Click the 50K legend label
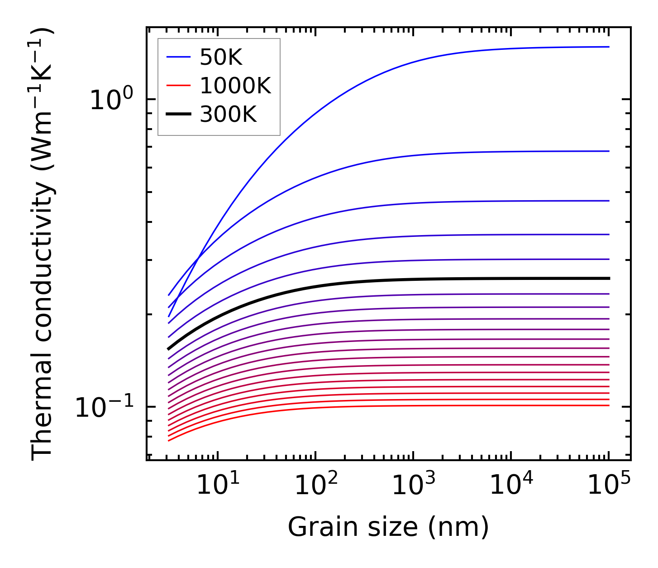point(221,57)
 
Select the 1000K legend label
point(235,86)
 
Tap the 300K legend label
point(228,115)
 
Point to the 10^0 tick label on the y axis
point(111,100)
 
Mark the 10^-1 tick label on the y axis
point(104,407)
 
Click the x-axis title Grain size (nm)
point(388,527)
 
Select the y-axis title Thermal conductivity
point(43,244)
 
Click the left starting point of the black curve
point(168,349)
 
